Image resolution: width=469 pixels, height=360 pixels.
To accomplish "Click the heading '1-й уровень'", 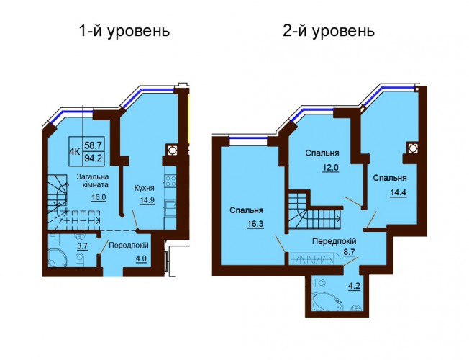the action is [124, 31].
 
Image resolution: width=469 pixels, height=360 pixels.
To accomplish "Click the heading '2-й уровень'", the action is [329, 31].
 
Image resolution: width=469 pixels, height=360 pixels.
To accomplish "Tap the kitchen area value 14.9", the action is [147, 200].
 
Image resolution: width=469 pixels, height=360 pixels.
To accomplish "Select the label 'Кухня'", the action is [145, 188].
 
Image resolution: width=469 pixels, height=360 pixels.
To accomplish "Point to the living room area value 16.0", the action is [99, 198].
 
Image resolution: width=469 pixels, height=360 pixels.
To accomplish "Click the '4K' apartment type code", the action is [75, 151].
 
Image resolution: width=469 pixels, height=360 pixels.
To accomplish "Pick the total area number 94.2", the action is [93, 158].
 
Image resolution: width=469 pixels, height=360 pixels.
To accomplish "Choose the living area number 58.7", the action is [93, 145].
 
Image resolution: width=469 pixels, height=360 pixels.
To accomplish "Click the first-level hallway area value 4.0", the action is [142, 258].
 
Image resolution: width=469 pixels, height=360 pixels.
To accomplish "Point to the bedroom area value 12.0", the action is [330, 168].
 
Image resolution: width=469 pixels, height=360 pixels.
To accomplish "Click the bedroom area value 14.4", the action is [398, 192].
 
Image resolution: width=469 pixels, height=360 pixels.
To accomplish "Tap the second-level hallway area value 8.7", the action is [349, 252].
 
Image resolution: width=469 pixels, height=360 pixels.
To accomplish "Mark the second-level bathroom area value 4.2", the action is [354, 286].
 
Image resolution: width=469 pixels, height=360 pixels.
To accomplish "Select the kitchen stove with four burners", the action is [170, 181].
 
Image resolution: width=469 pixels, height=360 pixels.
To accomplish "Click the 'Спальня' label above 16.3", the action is [247, 210].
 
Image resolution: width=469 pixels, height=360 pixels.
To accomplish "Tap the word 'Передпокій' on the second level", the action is [334, 241].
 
